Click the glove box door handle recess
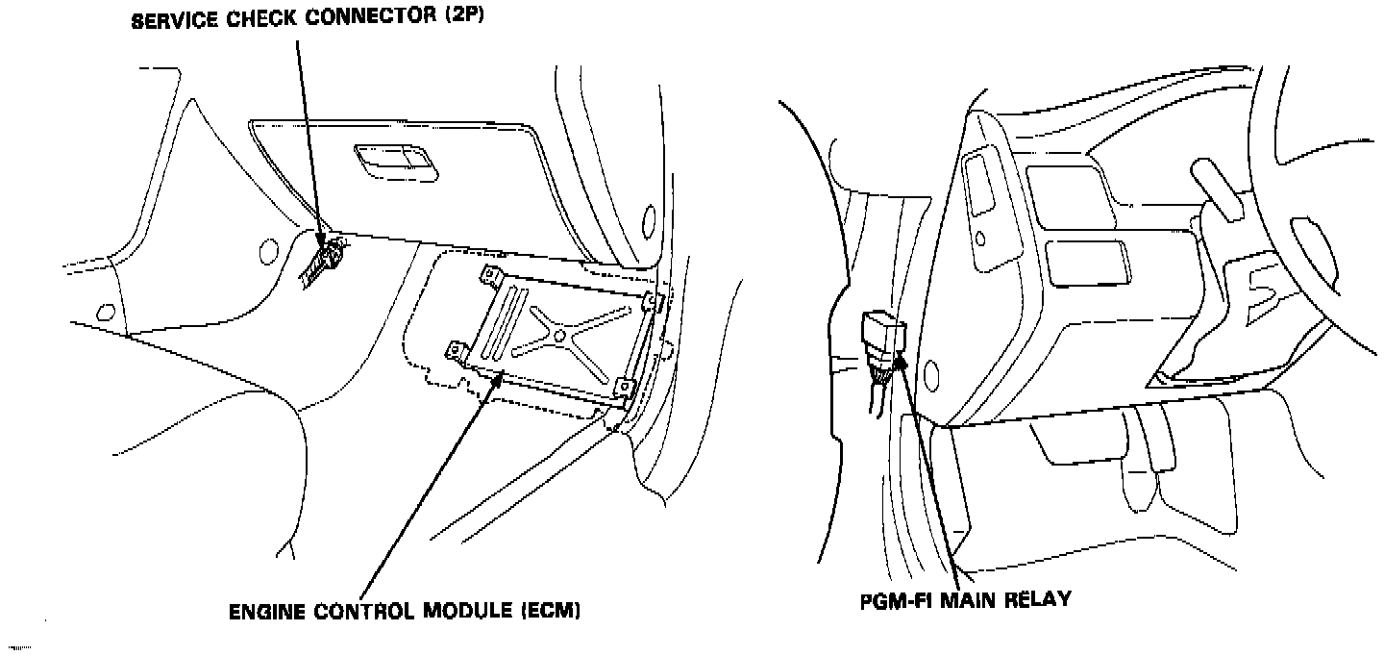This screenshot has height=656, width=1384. tap(394, 161)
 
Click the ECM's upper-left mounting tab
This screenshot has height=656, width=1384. tap(493, 277)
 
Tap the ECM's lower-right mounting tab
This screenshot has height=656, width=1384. tap(626, 388)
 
